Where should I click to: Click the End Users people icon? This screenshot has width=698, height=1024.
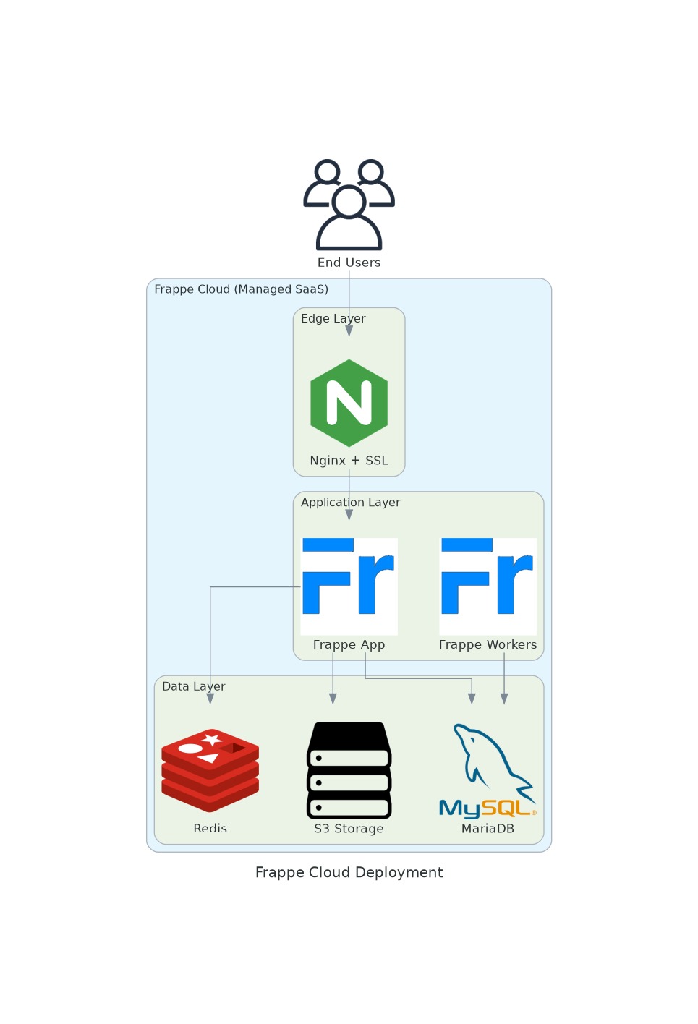pos(349,204)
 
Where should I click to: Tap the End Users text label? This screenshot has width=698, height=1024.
pos(349,263)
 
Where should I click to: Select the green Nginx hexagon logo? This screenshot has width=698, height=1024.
pos(349,403)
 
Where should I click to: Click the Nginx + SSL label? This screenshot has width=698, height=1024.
pos(349,461)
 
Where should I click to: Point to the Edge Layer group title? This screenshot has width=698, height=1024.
pos(333,318)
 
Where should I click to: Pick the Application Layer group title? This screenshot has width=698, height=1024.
pos(350,503)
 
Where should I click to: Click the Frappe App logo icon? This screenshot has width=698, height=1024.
pos(349,586)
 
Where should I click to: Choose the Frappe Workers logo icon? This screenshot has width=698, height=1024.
pos(488,586)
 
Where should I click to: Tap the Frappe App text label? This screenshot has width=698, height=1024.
pos(349,644)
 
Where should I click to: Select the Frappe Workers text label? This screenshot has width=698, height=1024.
pos(488,644)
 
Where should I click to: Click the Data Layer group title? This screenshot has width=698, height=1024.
pos(193,686)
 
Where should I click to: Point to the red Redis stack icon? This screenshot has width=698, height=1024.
pos(210,770)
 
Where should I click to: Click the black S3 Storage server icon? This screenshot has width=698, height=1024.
pos(349,770)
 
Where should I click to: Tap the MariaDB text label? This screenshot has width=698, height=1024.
pos(488,829)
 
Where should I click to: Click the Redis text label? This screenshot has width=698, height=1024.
pos(210,829)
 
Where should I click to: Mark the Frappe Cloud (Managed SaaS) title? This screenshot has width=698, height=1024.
pos(241,289)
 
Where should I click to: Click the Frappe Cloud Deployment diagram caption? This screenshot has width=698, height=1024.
pos(349,873)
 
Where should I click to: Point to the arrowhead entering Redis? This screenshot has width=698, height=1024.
pos(210,699)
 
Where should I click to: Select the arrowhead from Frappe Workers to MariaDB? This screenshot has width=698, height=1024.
pos(504,699)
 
